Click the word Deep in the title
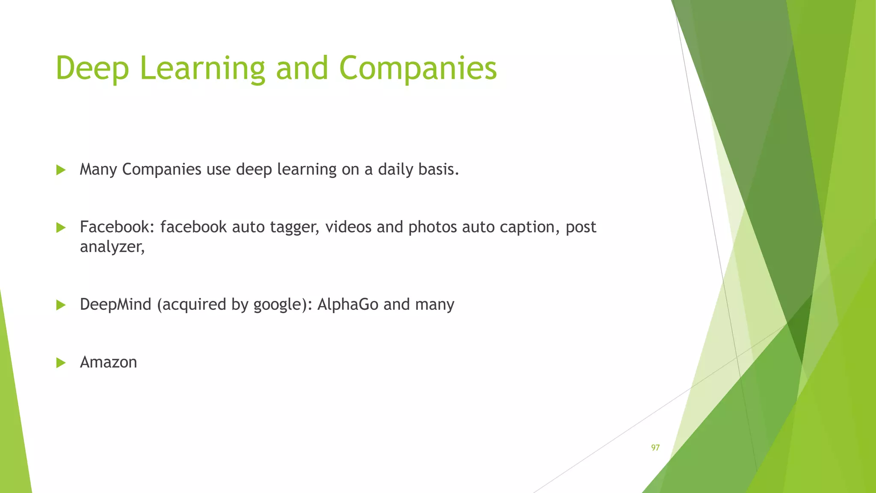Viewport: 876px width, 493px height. [x=92, y=68]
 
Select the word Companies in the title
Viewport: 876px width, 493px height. [x=418, y=68]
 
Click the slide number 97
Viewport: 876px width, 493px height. [x=655, y=448]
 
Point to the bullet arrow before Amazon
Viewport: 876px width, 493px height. [x=61, y=363]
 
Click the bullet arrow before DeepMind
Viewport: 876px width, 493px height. [x=61, y=305]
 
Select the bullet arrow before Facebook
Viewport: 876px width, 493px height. [x=61, y=228]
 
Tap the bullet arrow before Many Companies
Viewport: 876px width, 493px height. [x=61, y=170]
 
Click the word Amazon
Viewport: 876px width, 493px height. [x=108, y=362]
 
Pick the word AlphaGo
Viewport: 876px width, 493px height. [x=348, y=304]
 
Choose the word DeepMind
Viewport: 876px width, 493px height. [x=115, y=304]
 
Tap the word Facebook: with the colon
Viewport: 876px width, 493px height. [x=117, y=227]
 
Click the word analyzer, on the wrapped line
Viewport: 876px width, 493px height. [x=112, y=247]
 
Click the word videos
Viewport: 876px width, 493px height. [x=348, y=227]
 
